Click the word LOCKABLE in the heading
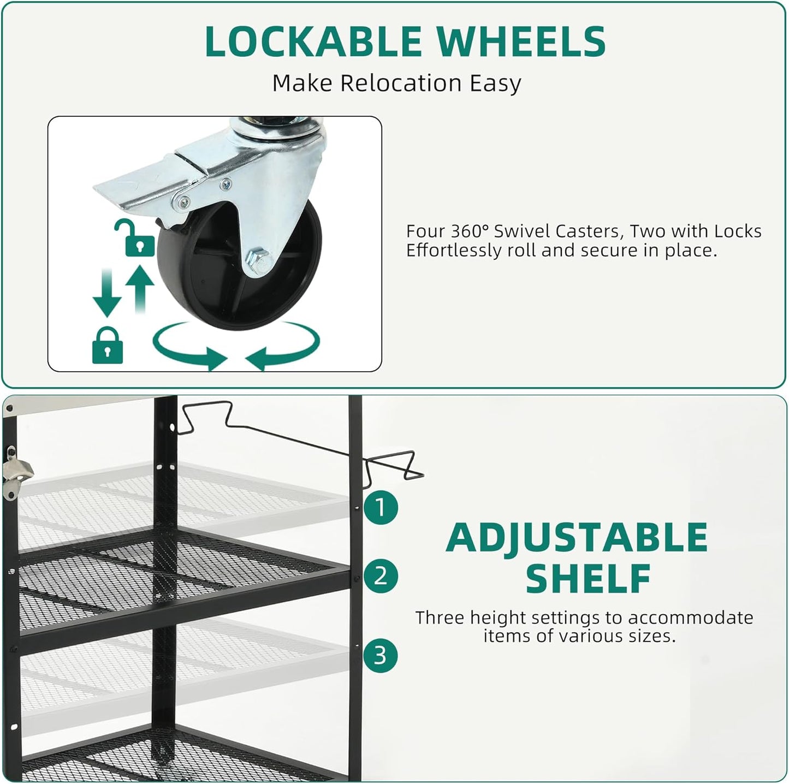click(313, 41)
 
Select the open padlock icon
click(135, 238)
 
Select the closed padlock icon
click(107, 345)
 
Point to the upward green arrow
click(140, 289)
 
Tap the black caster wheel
click(239, 264)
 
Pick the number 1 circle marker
click(381, 508)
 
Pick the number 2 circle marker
click(381, 576)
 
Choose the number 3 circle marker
click(381, 655)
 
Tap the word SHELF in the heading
click(588, 579)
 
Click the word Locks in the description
click(738, 231)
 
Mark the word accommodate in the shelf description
click(690, 617)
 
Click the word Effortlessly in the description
click(454, 251)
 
